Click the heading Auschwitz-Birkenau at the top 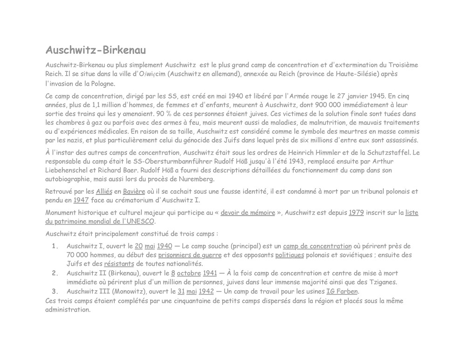pos(96,50)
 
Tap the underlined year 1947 pos(81,200)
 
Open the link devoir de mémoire pos(247,213)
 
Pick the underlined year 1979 pos(356,213)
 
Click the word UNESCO pos(140,222)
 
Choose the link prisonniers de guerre pos(190,255)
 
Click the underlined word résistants pos(119,264)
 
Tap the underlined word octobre pos(189,273)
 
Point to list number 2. pos(55,273)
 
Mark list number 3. pos(55,292)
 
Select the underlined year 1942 pos(206,292)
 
